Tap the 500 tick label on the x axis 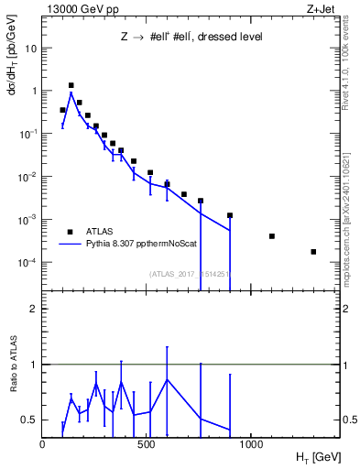[147, 444]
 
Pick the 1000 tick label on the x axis [251, 444]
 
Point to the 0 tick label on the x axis [42, 444]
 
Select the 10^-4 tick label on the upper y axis [27, 263]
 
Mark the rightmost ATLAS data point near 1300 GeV [313, 252]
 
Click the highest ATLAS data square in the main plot [71, 85]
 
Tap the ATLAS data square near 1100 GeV [272, 236]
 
